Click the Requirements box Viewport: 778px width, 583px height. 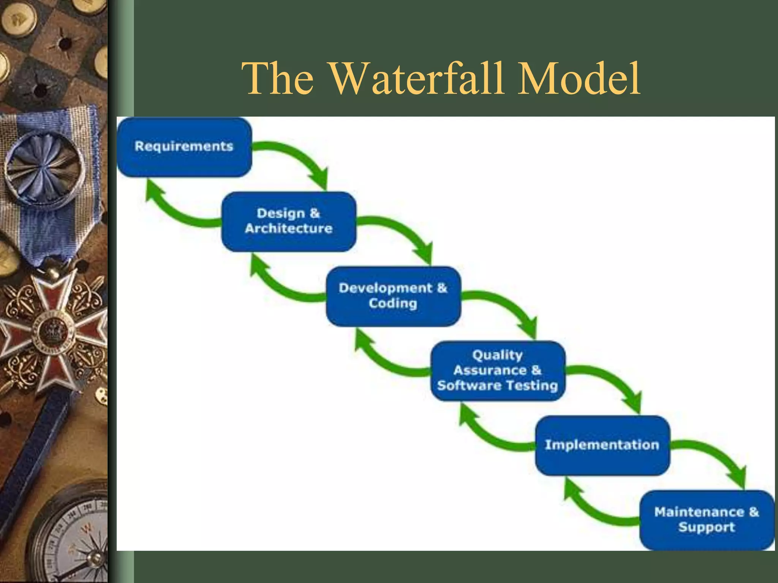tap(184, 147)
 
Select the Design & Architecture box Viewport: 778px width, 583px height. tap(289, 221)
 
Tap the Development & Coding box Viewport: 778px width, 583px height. tap(393, 296)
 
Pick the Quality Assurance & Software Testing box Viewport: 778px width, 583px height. tap(498, 370)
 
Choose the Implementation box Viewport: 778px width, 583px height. tap(602, 445)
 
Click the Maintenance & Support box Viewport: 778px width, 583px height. tap(707, 520)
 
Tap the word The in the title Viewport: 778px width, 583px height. tap(278, 79)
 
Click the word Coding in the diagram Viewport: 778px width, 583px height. tap(393, 304)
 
